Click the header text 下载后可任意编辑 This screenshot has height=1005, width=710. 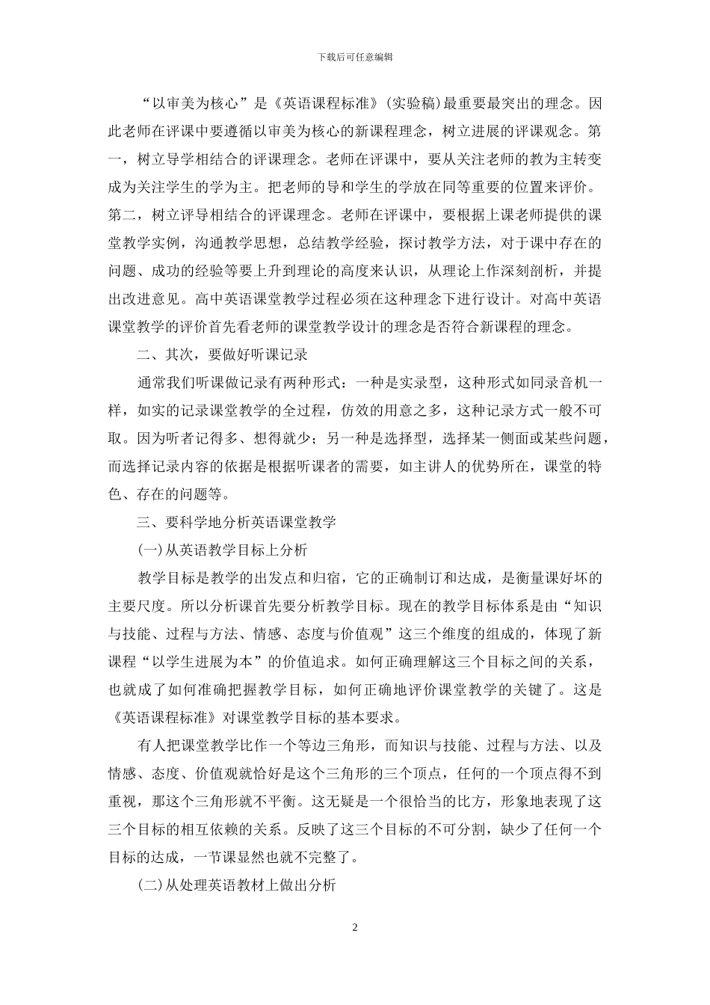pyautogui.click(x=355, y=56)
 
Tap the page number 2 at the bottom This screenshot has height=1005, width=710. pyautogui.click(x=355, y=928)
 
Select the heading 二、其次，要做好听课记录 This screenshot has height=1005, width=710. pyautogui.click(x=223, y=354)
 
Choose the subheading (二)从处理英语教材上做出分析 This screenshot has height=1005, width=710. pyautogui.click(x=237, y=885)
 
